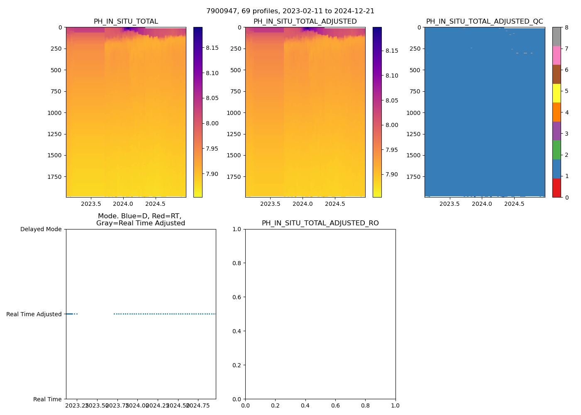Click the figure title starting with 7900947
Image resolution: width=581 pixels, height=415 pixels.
click(x=290, y=11)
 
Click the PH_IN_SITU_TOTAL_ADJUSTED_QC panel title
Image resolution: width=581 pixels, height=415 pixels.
click(x=484, y=22)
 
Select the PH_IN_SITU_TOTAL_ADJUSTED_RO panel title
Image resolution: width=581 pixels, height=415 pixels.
click(x=320, y=223)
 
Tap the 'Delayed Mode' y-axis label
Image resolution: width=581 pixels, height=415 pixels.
click(x=41, y=229)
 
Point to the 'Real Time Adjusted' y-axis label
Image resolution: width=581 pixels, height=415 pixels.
click(x=34, y=315)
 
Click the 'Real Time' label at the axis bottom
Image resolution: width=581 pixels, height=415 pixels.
click(x=47, y=400)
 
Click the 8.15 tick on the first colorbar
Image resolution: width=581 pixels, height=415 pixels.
click(x=212, y=48)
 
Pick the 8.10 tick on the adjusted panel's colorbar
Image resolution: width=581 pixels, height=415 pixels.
click(x=391, y=76)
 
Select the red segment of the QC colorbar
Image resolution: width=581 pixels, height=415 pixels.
click(x=557, y=188)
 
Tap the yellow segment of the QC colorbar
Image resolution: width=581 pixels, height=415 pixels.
click(x=557, y=93)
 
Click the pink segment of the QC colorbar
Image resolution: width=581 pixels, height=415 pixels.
click(x=557, y=55)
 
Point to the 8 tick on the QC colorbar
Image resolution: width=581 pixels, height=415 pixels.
click(x=566, y=28)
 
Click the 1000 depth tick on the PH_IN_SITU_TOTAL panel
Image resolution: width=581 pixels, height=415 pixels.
click(x=54, y=113)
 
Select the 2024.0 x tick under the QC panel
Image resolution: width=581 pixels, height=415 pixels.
click(x=482, y=204)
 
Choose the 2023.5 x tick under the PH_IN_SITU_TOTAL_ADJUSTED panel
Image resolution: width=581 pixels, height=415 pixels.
click(x=270, y=204)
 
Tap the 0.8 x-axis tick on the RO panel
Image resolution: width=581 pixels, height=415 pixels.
click(x=365, y=405)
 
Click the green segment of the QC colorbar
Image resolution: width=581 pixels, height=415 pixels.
click(x=557, y=150)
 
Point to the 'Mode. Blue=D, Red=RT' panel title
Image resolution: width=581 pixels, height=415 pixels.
click(x=140, y=220)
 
